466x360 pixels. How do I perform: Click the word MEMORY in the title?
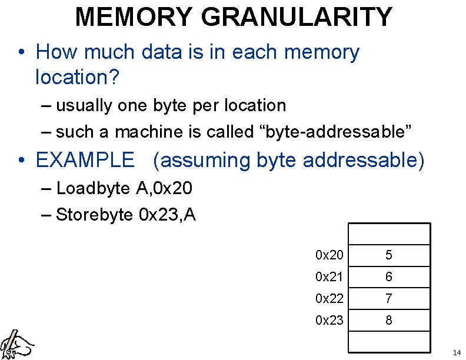pos(134,16)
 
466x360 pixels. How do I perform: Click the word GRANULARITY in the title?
pos(297,16)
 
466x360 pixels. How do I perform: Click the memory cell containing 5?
pos(389,255)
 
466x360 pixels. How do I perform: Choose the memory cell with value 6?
pos(389,277)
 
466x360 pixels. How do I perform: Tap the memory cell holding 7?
pos(389,299)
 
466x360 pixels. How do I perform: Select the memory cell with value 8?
pos(389,321)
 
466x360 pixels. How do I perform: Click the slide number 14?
pos(457,353)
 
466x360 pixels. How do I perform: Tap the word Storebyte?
pos(94,215)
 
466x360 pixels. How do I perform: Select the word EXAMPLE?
pos(85,160)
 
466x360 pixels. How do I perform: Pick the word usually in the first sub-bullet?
pos(86,106)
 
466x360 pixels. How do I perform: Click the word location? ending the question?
pos(77,76)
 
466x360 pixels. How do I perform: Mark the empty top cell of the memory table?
pos(389,234)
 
